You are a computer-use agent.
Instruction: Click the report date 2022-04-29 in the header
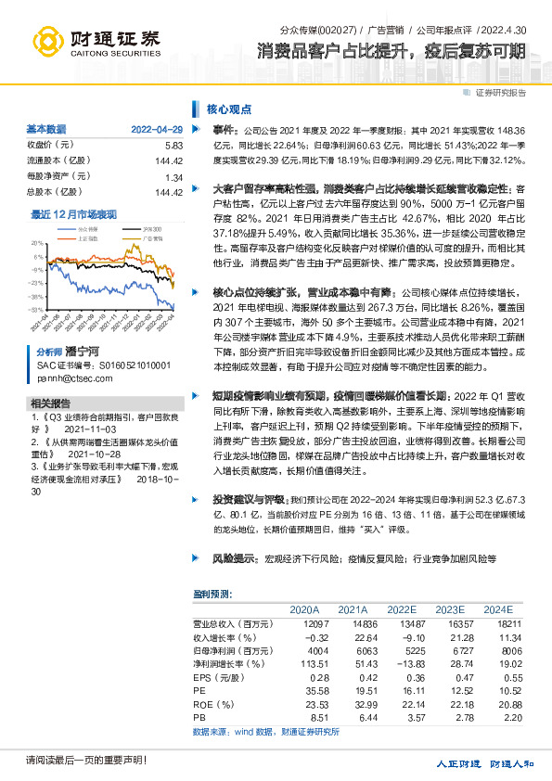pyautogui.click(x=157, y=129)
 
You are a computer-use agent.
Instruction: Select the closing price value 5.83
pyautogui.click(x=173, y=145)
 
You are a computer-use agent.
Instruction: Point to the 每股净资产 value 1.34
pyautogui.click(x=173, y=176)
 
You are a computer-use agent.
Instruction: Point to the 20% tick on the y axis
pyautogui.click(x=38, y=242)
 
